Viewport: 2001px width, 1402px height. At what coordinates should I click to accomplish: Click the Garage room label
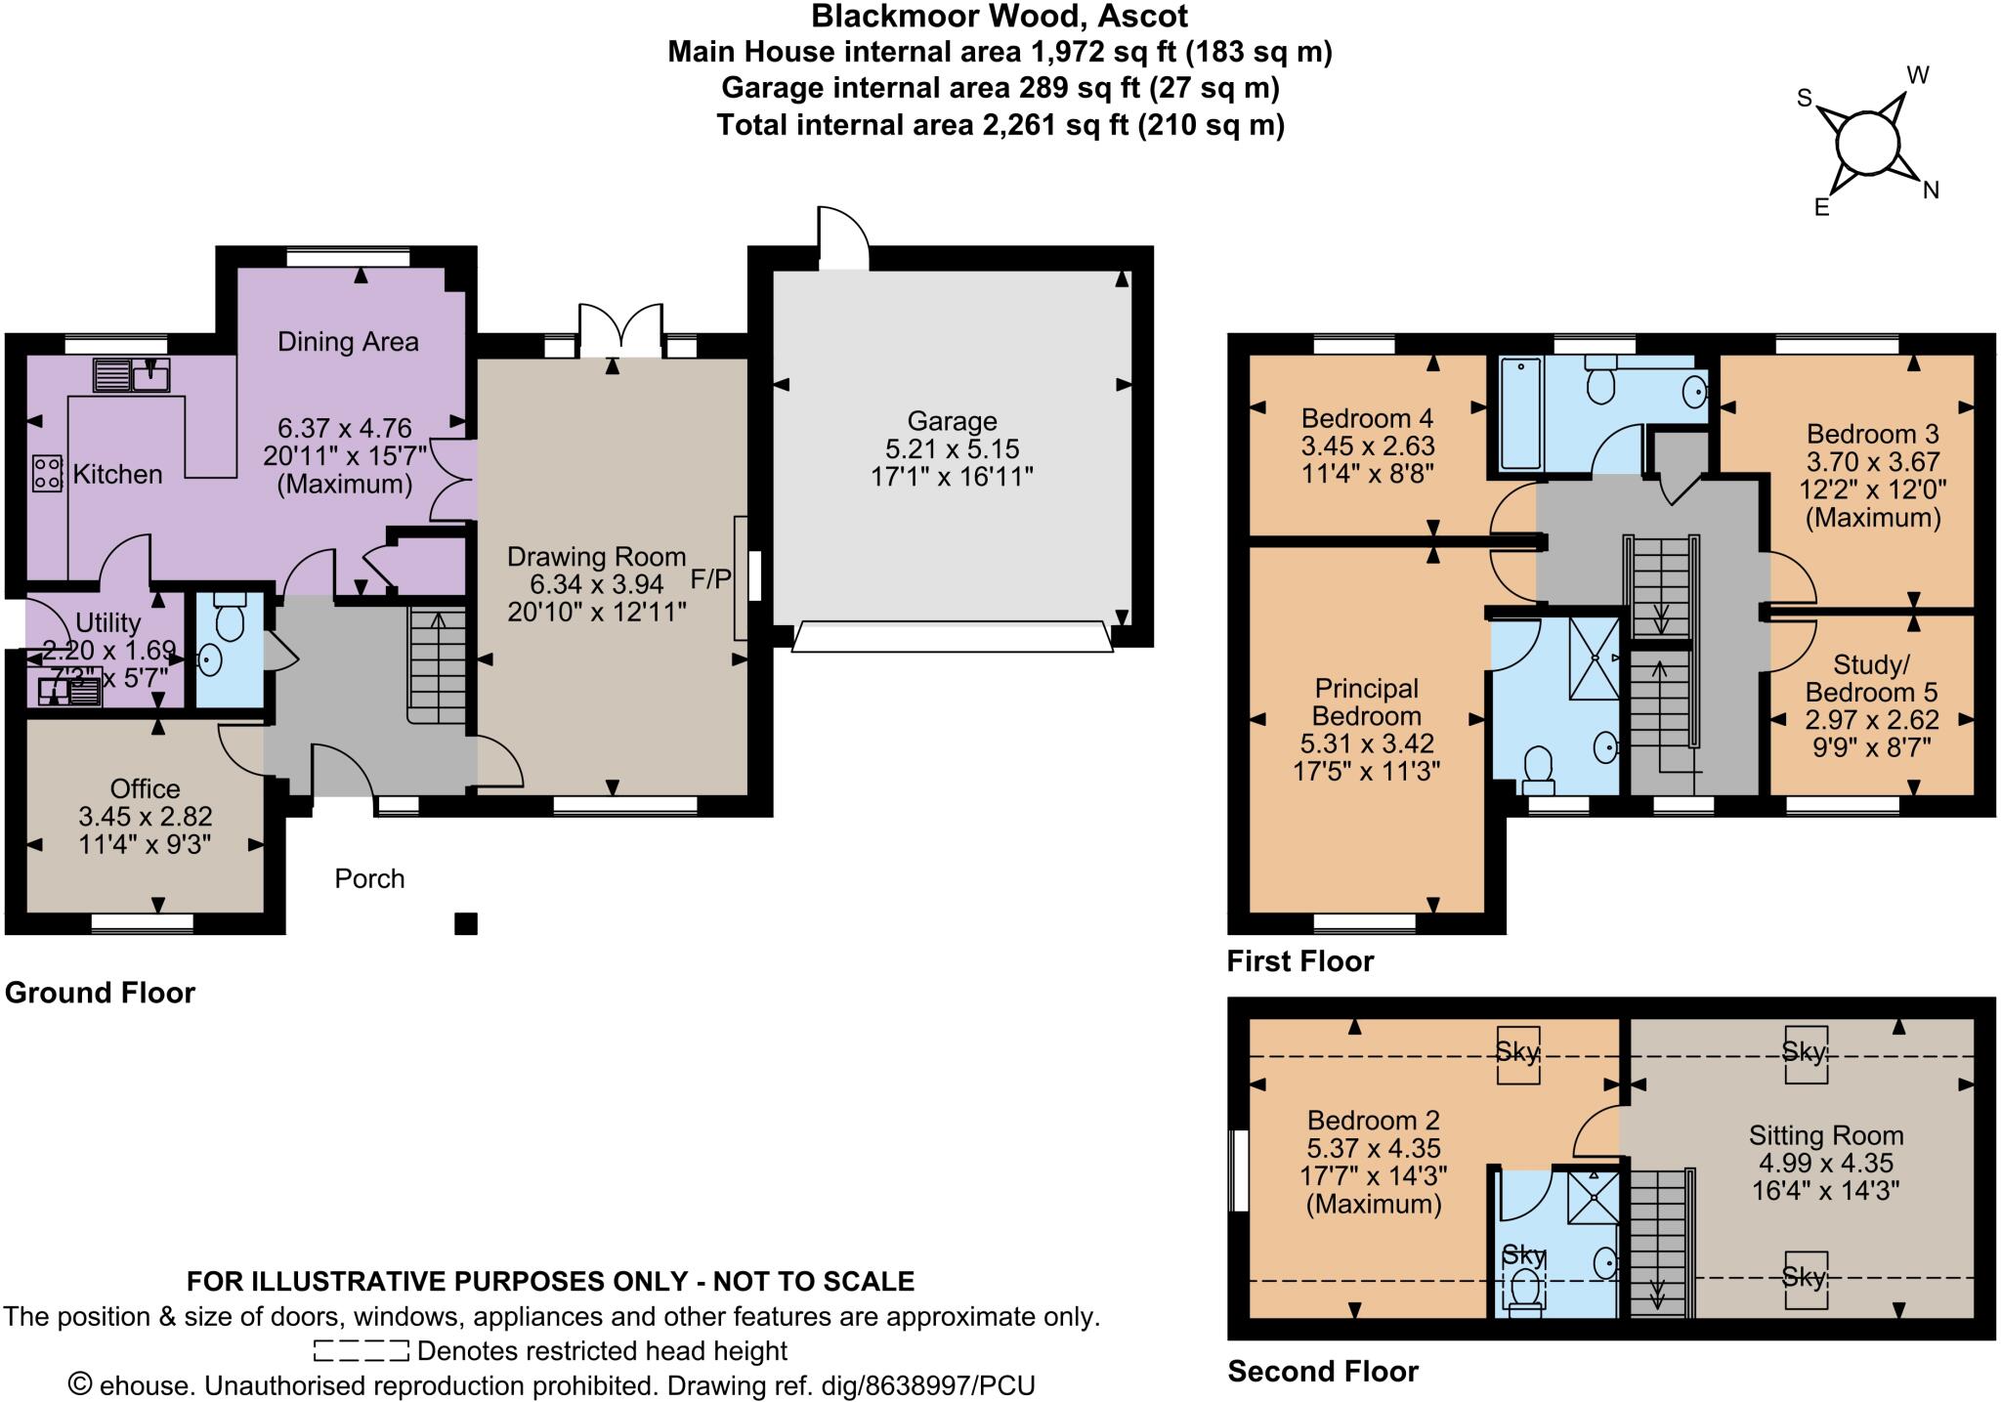[952, 421]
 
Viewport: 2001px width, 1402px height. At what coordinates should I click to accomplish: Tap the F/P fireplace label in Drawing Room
[710, 578]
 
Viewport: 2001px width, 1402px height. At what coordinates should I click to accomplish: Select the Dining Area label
[348, 342]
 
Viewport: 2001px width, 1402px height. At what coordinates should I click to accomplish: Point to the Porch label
[369, 879]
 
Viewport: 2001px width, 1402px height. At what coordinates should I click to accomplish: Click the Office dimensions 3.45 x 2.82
[145, 817]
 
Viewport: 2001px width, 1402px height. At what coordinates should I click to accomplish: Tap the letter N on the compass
[1931, 191]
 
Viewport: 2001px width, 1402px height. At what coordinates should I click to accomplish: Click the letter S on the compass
[1805, 98]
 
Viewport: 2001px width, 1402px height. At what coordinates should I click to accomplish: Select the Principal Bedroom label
[1366, 701]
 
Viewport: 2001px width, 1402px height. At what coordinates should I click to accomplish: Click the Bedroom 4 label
[1367, 418]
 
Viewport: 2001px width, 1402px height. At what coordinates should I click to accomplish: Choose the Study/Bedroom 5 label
[1871, 678]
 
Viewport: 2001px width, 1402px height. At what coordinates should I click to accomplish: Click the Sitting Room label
[1825, 1135]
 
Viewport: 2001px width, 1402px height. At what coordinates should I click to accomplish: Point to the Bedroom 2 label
[1373, 1121]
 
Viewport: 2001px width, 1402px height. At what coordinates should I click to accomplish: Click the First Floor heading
[1299, 961]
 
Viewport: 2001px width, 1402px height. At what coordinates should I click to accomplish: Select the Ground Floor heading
[100, 993]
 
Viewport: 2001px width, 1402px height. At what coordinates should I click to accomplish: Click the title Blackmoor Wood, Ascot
[1000, 16]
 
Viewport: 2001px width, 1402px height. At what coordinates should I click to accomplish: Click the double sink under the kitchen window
[132, 374]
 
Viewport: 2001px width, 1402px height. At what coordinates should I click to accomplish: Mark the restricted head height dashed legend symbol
[361, 1351]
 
